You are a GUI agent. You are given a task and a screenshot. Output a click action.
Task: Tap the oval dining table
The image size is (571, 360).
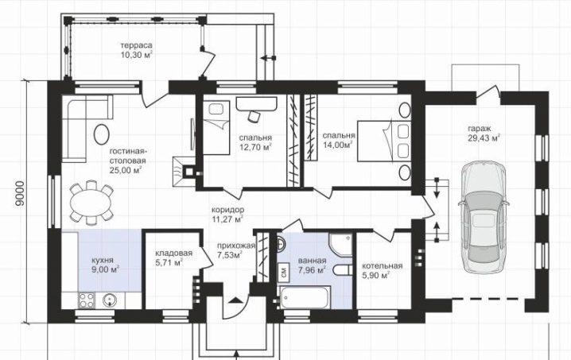pos(91,203)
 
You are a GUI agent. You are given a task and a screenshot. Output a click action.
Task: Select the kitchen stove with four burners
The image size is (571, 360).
pos(87,300)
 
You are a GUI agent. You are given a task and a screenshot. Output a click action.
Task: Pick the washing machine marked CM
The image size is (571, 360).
pos(284,271)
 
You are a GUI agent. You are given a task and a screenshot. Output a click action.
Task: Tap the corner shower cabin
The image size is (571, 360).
pos(341,244)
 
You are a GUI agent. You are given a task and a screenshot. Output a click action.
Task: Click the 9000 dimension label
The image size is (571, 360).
pos(20,193)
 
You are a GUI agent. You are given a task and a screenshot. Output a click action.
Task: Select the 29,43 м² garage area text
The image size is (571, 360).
pos(484,138)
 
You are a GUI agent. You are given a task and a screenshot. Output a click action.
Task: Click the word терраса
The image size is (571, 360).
pos(136,45)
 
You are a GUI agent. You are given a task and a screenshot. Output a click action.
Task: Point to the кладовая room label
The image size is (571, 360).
pos(173,253)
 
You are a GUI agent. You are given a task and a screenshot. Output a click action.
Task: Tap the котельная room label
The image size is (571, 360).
pos(382,266)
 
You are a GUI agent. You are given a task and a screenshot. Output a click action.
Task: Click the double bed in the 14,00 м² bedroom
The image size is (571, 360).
pos(384,141)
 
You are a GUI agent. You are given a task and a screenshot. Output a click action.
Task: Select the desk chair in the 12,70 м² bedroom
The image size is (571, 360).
pos(254,116)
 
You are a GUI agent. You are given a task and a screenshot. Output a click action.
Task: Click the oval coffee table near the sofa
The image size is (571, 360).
pos(101,134)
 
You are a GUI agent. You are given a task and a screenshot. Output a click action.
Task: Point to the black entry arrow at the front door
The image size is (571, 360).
pos(235,300)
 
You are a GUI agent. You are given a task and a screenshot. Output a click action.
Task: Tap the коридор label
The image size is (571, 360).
pos(228,210)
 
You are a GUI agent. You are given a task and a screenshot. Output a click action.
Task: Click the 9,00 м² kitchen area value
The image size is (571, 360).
pos(106,269)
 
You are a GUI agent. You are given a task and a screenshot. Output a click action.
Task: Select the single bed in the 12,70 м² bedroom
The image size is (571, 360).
pos(216,127)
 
